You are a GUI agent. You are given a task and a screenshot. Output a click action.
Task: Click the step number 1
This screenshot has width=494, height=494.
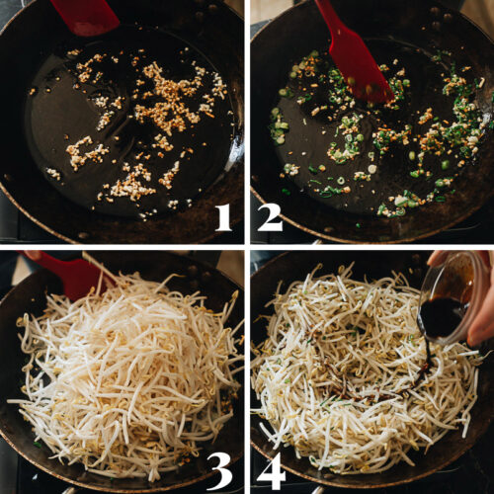(x=223, y=214)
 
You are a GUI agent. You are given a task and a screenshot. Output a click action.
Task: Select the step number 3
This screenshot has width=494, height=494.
(x=221, y=469)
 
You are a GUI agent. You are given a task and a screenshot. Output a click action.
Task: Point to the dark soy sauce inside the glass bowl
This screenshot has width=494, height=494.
(x=443, y=316)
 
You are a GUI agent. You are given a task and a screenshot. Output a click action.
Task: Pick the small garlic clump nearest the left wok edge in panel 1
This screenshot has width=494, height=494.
(x=52, y=173)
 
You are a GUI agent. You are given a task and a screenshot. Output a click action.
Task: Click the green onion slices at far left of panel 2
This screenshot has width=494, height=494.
(x=279, y=123)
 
